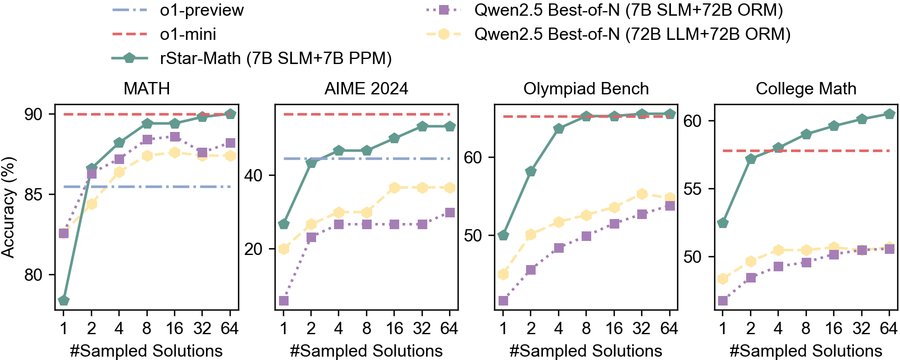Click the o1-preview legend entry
[202, 10]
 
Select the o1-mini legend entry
[188, 34]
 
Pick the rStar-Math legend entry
[275, 58]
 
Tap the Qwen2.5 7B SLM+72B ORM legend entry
[628, 10]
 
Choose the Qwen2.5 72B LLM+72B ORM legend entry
[632, 34]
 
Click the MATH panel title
[147, 89]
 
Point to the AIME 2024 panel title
[366, 89]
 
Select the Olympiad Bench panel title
[586, 89]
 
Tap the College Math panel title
[806, 89]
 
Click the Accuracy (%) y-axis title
[8, 207]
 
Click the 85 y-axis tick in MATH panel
[33, 195]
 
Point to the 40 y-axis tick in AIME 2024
[253, 175]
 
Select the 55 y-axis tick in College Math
[693, 189]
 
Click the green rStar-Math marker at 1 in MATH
[63, 301]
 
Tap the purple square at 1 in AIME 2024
[284, 301]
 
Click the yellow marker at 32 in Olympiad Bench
[642, 194]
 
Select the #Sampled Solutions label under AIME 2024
[366, 351]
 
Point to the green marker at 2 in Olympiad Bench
[531, 171]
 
